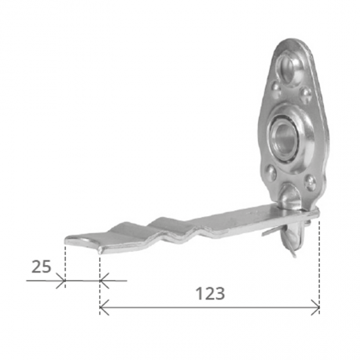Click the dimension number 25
[x=41, y=266]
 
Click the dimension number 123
[x=210, y=293]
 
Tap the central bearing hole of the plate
[x=283, y=137]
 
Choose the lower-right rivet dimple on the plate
[x=310, y=182]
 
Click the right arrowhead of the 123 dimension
[x=315, y=307]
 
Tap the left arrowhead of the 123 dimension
[x=104, y=307]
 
